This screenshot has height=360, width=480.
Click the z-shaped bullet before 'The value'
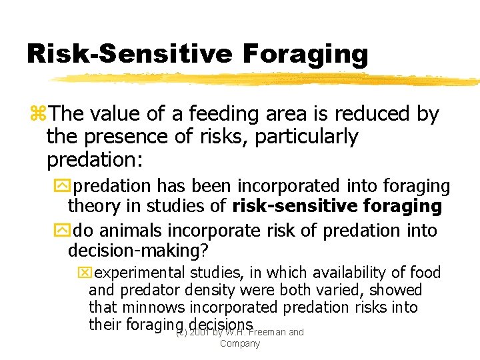pos(38,115)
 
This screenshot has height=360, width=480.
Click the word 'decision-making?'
pos(138,251)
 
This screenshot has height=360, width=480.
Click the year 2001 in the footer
pos(199,332)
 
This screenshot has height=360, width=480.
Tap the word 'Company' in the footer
pos(239,343)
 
